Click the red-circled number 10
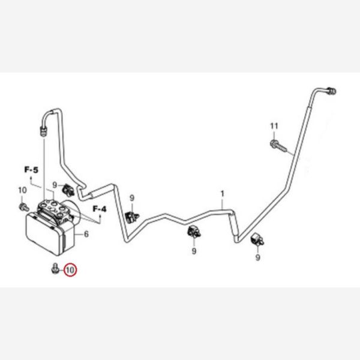(x=70, y=270)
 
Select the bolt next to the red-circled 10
(x=55, y=268)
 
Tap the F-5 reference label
(x=31, y=170)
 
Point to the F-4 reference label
(x=100, y=209)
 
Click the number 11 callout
(x=274, y=126)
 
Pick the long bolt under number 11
(x=278, y=146)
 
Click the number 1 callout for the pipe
(x=222, y=194)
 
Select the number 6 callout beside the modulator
(x=86, y=234)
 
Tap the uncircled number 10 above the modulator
(x=23, y=190)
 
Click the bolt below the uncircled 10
(x=23, y=206)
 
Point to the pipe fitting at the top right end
(x=331, y=91)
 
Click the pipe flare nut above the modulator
(x=43, y=131)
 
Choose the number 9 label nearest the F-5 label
(x=55, y=185)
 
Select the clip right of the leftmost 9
(x=68, y=190)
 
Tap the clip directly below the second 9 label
(x=132, y=217)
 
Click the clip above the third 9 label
(x=194, y=232)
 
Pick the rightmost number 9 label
(x=258, y=257)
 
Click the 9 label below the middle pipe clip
(x=194, y=251)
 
